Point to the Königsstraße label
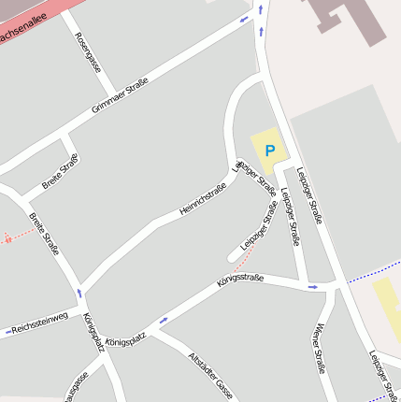tap(240, 280)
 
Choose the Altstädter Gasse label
tap(210, 374)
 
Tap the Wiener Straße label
tap(321, 349)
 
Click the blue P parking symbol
tap(270, 151)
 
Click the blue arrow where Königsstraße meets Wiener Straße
tap(313, 286)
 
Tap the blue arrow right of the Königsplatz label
tap(164, 321)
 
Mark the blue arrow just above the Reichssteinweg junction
tap(79, 293)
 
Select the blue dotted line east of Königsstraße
tap(374, 272)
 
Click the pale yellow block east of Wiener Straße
tap(388, 309)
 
